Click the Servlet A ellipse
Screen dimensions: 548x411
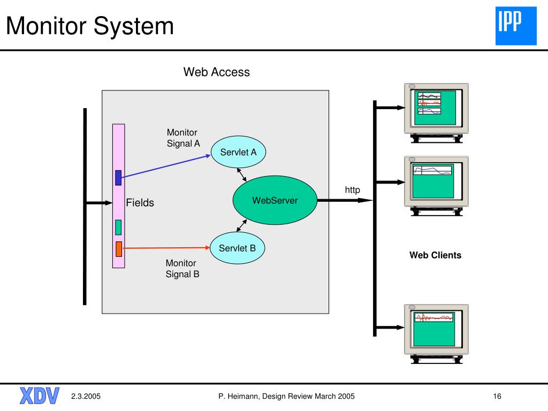[x=238, y=152]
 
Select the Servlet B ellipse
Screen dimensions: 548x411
[x=237, y=248]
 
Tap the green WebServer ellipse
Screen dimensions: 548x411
[x=275, y=200]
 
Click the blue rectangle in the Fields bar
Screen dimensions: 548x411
[x=118, y=178]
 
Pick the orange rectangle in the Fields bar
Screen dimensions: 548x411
[x=119, y=249]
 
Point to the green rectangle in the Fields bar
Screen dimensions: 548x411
[x=118, y=227]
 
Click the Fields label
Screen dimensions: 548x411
[x=140, y=203]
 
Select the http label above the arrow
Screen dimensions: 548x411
[x=352, y=190]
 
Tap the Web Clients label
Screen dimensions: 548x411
[x=435, y=255]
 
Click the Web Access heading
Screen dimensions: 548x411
[x=216, y=72]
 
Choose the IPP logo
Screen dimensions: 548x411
[x=516, y=26]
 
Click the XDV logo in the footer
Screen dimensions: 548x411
[x=40, y=396]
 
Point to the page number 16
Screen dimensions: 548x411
[x=497, y=397]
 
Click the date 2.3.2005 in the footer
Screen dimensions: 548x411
[x=86, y=397]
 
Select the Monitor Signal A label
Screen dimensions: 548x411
[x=183, y=138]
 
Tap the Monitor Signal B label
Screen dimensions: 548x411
[x=182, y=269]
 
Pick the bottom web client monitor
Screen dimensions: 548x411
[x=436, y=334]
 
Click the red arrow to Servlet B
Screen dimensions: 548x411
[x=166, y=248]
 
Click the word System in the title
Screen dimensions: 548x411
[x=133, y=26]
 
